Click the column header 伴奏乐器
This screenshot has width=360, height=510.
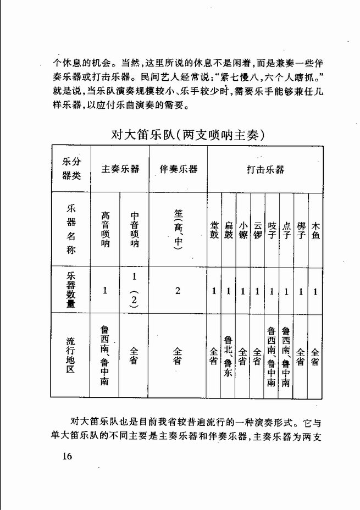(x=178, y=169)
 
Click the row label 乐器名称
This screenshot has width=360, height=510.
(x=71, y=229)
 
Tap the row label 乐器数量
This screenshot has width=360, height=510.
(x=71, y=291)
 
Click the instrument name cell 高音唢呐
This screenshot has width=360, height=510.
(x=105, y=229)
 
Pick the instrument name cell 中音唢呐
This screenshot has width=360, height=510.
(x=134, y=229)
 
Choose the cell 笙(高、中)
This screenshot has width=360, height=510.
(x=178, y=229)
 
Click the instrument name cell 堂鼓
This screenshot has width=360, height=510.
(x=214, y=231)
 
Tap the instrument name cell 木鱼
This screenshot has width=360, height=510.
(x=315, y=231)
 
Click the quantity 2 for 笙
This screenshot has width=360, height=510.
(x=178, y=291)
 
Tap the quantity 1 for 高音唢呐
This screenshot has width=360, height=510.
(x=105, y=291)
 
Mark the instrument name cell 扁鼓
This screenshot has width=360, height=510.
(x=229, y=231)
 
